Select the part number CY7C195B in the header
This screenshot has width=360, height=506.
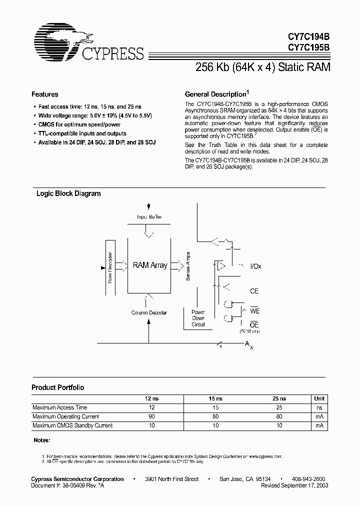(x=308, y=48)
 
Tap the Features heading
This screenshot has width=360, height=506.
(x=44, y=94)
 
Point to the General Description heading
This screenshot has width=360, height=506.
(x=216, y=94)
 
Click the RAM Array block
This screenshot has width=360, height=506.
(x=149, y=265)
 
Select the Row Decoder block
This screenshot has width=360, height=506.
(x=110, y=266)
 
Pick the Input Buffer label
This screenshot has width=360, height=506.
(x=149, y=216)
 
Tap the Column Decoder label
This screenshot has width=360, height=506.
(x=149, y=312)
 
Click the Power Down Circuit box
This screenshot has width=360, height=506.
(x=198, y=318)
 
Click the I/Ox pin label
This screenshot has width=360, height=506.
(x=255, y=266)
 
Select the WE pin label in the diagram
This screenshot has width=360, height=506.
(x=255, y=311)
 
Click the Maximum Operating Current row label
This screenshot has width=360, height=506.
(x=65, y=416)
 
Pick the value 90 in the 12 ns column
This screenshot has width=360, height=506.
(x=152, y=416)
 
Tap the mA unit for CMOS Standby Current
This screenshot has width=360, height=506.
(x=319, y=425)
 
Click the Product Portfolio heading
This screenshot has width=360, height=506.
(x=57, y=387)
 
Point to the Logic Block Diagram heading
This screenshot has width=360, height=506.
(x=68, y=193)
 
